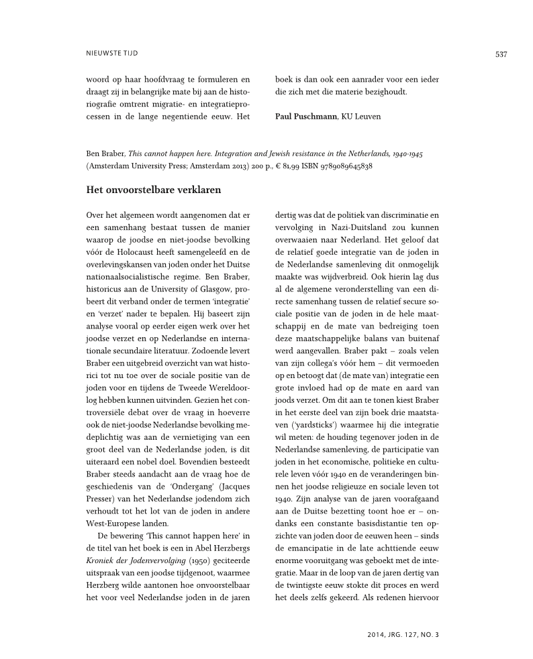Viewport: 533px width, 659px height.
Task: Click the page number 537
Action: [501, 54]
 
